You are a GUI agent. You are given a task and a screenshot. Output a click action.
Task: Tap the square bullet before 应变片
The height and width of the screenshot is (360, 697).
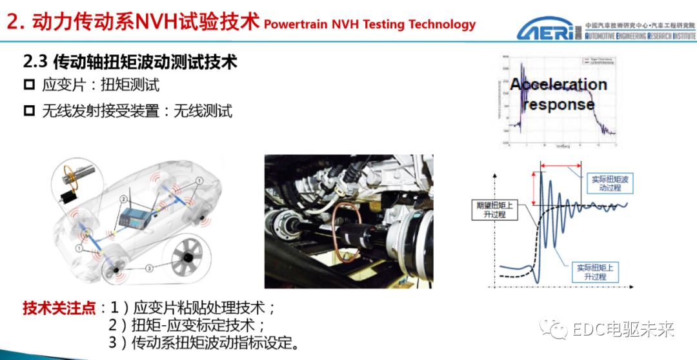(28, 85)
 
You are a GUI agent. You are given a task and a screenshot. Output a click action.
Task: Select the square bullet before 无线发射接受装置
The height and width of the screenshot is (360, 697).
(28, 111)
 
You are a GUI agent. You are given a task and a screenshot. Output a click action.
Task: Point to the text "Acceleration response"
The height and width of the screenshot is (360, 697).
(559, 94)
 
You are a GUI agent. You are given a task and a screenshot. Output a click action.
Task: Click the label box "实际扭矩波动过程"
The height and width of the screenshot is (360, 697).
(605, 184)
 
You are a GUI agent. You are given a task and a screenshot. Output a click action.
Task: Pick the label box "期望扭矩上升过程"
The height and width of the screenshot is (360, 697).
(496, 209)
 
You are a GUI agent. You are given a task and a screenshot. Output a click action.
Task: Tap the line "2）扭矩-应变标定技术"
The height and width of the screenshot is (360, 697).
(187, 325)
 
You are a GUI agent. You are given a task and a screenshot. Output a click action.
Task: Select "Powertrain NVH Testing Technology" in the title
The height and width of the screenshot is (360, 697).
(370, 25)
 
